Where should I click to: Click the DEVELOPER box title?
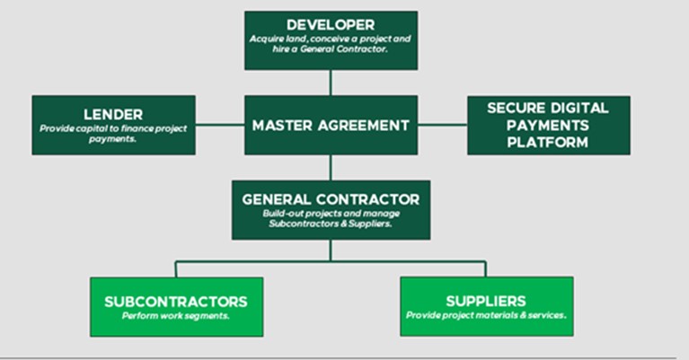click(330, 24)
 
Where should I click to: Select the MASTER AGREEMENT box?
click(331, 126)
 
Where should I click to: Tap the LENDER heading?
click(113, 115)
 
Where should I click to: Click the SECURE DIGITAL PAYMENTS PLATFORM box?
click(548, 126)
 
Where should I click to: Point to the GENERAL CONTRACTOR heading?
click(330, 197)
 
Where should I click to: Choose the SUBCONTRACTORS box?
click(175, 306)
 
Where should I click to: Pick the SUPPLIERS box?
click(486, 306)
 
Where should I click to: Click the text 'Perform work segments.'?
click(175, 316)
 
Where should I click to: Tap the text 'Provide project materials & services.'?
click(486, 316)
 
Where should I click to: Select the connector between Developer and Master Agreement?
click(330, 82)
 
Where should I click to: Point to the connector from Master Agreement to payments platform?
click(443, 126)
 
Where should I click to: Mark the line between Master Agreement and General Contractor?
click(330, 168)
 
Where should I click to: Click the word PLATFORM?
click(548, 142)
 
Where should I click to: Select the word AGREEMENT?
click(367, 126)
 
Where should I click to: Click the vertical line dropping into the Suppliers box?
click(486, 268)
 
